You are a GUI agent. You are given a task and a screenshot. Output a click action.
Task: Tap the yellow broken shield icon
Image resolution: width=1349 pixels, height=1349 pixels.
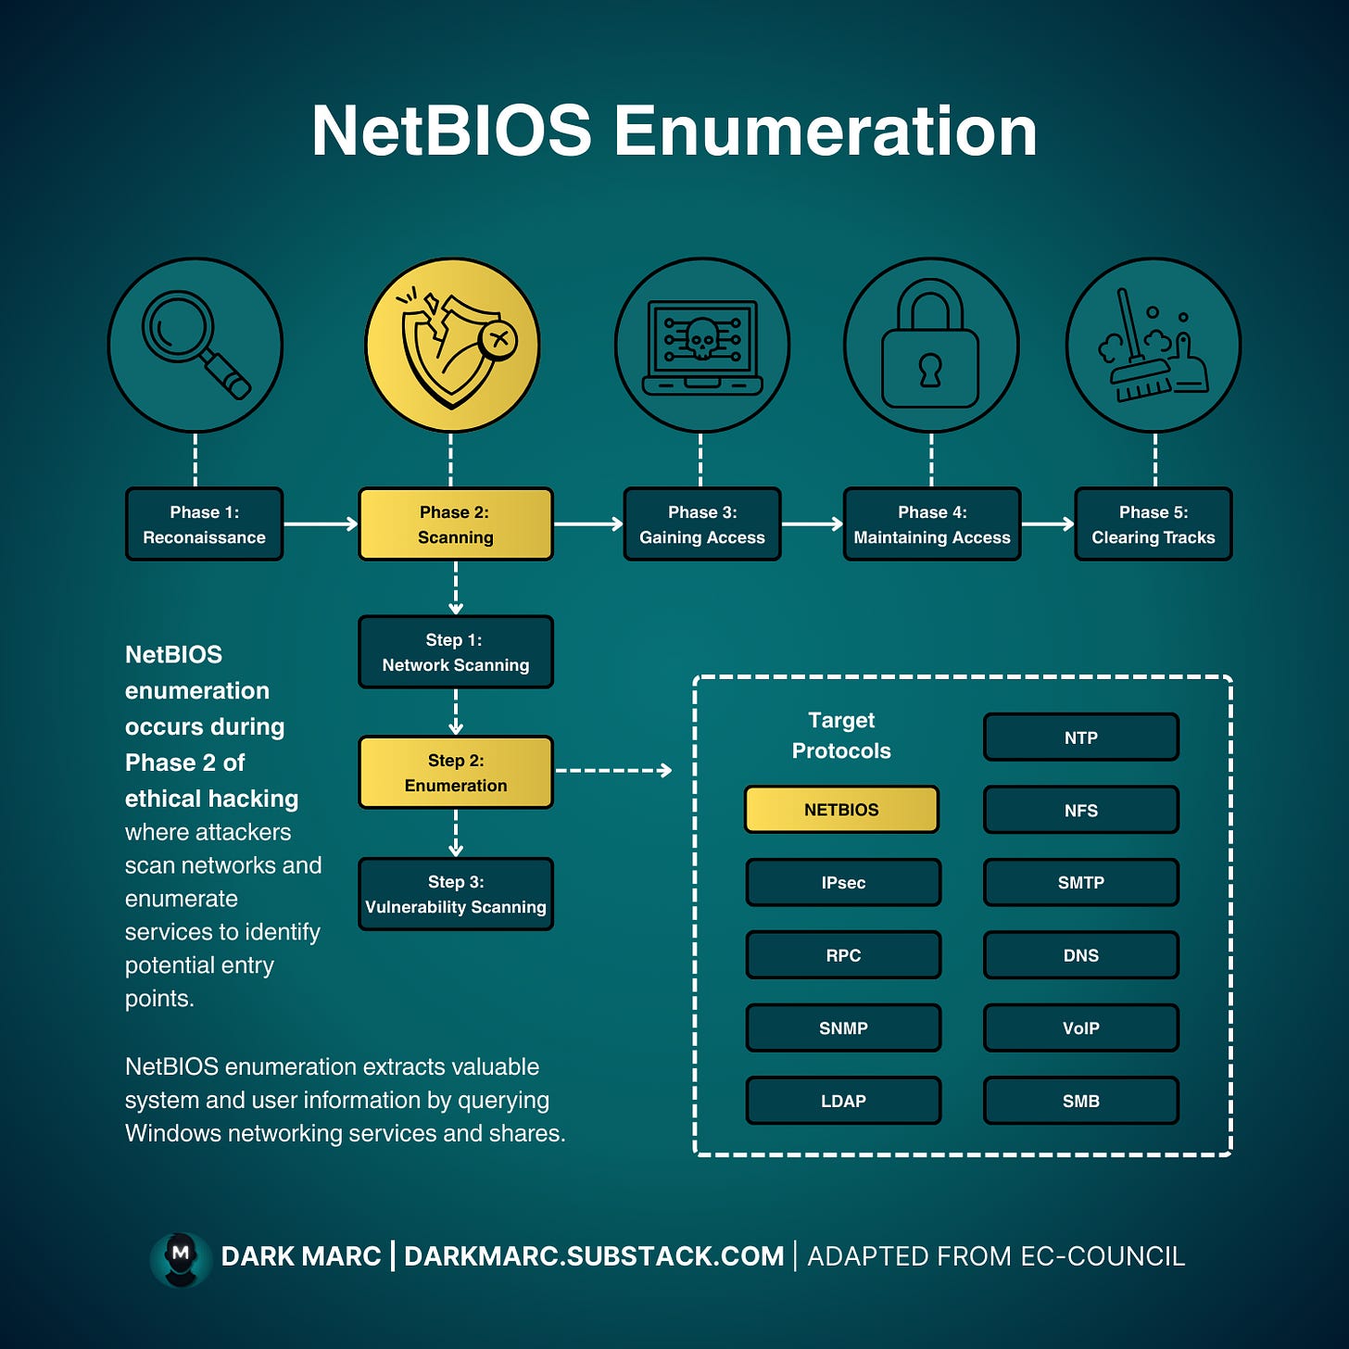click(452, 345)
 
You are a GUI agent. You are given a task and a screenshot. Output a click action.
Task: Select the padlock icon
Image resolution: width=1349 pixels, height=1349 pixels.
click(930, 345)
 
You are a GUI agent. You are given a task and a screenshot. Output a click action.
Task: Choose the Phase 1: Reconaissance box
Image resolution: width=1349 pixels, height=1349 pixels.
click(204, 524)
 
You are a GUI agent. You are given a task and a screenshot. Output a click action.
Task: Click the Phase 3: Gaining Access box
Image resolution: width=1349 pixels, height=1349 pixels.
click(702, 524)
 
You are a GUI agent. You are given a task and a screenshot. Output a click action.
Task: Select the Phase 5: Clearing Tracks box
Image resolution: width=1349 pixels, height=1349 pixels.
click(1153, 524)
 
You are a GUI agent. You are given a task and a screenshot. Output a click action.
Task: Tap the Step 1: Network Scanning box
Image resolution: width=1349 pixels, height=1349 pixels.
click(455, 652)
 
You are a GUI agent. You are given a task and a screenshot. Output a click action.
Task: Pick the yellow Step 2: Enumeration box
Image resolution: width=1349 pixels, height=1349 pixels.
click(455, 773)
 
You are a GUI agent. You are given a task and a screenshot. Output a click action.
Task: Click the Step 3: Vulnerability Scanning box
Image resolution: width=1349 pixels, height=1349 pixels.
click(455, 894)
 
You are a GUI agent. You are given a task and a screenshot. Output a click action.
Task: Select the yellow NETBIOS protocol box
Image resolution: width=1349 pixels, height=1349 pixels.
click(841, 810)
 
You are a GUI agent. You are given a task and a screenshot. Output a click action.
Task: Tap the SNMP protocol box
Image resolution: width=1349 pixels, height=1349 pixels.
click(843, 1028)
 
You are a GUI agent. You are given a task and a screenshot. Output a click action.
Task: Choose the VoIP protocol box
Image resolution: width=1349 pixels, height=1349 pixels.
click(1080, 1028)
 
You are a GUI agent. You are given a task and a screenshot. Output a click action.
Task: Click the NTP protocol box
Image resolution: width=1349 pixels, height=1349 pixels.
click(1080, 738)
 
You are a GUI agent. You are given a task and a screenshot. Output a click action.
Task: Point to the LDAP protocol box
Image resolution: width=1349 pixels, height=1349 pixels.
click(843, 1101)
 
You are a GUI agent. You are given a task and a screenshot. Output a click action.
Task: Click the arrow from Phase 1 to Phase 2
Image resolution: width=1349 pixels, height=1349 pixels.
click(321, 524)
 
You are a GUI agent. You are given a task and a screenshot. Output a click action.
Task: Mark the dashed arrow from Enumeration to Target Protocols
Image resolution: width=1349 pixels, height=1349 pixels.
click(613, 770)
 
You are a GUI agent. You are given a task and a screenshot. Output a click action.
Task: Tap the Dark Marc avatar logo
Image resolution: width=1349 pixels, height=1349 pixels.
click(181, 1258)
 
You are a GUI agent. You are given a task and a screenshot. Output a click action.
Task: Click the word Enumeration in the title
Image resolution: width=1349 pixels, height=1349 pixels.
click(825, 131)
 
